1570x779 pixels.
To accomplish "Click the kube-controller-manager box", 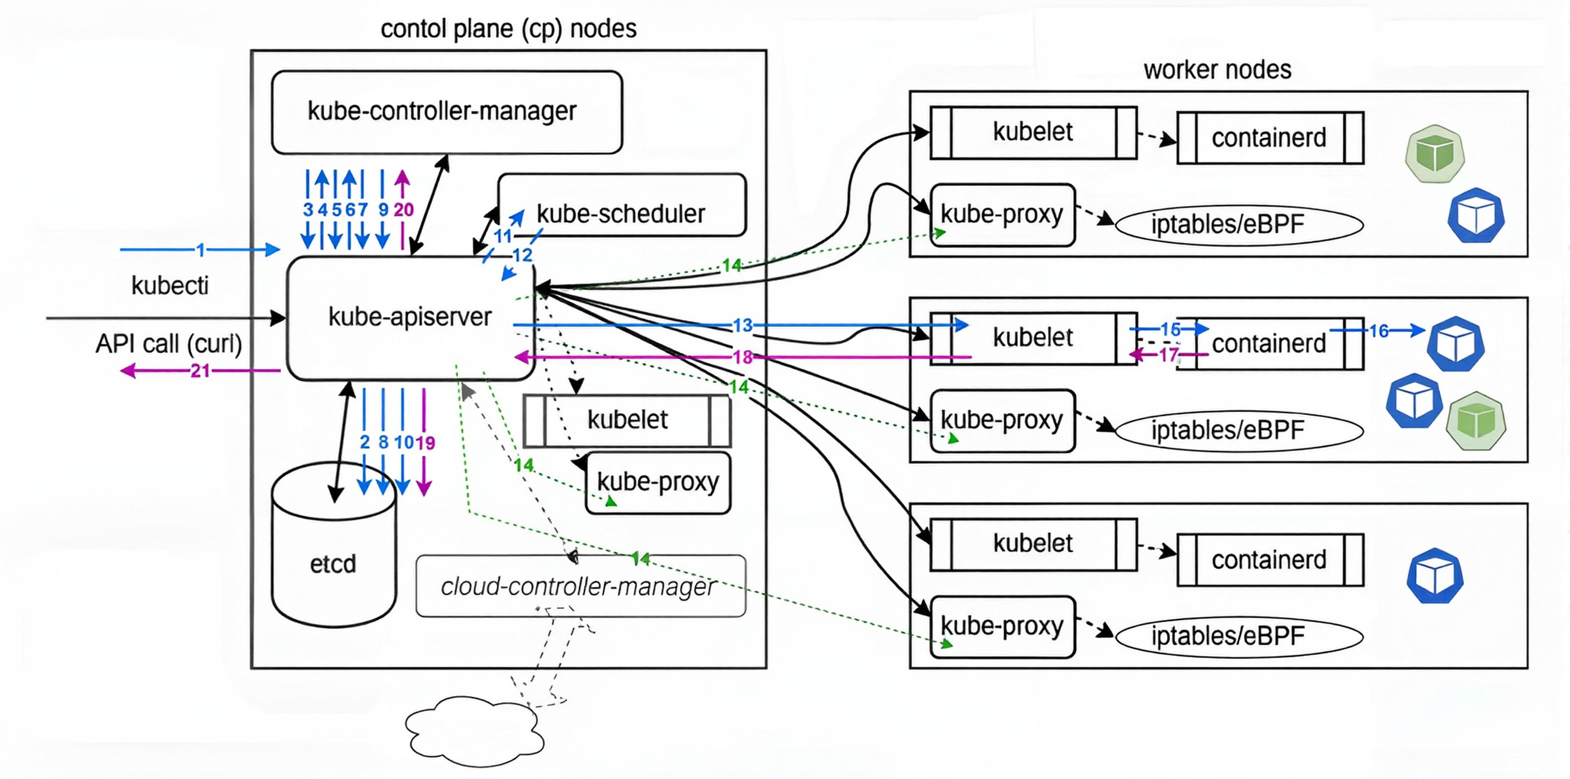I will click(447, 112).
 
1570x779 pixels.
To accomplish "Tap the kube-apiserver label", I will click(409, 317).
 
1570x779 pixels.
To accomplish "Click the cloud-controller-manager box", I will click(580, 586).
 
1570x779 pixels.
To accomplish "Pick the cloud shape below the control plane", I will click(475, 732).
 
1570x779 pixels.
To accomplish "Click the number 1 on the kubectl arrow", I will click(200, 250).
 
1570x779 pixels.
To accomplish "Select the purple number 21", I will click(200, 371).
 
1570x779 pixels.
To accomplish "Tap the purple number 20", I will click(403, 210).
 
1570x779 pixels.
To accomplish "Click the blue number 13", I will click(742, 325).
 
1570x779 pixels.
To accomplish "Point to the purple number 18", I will click(742, 357).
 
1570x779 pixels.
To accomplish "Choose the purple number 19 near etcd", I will click(425, 443).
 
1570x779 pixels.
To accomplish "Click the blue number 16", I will click(1378, 331).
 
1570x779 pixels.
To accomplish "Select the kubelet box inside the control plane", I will click(627, 420).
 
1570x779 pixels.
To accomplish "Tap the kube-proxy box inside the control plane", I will click(658, 482).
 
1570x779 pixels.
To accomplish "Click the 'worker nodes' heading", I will click(1217, 69).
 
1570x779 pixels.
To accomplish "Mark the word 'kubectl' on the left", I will click(170, 286).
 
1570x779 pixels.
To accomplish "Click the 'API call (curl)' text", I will click(168, 344).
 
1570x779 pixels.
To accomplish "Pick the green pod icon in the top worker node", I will click(1434, 154).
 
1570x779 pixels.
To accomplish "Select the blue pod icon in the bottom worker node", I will click(1434, 576).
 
